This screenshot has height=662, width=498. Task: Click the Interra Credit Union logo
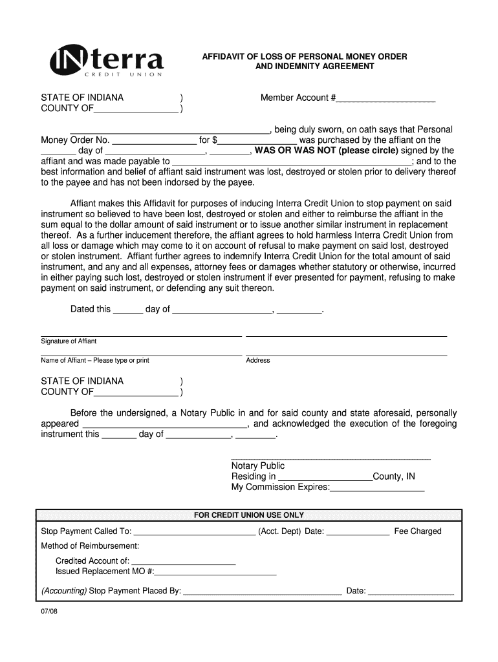click(x=107, y=63)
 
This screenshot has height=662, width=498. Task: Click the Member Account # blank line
click(x=385, y=99)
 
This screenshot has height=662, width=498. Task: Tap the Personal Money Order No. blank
click(x=154, y=141)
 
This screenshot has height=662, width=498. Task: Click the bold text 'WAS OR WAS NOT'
click(x=291, y=151)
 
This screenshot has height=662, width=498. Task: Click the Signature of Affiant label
click(x=69, y=341)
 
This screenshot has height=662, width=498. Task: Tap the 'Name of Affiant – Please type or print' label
click(x=95, y=360)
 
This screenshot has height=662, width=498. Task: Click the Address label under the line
click(x=258, y=360)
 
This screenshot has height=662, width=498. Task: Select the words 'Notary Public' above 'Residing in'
click(x=258, y=466)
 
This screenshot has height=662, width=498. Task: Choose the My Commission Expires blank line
click(x=377, y=488)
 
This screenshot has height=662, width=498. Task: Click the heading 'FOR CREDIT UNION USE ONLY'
click(x=249, y=515)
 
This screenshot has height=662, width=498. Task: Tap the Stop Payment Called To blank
click(x=194, y=533)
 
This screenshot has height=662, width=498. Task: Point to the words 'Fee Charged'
click(x=418, y=531)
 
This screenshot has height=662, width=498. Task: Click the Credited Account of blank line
click(x=184, y=562)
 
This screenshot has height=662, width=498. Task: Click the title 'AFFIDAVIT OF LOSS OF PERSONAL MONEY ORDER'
click(x=305, y=57)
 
